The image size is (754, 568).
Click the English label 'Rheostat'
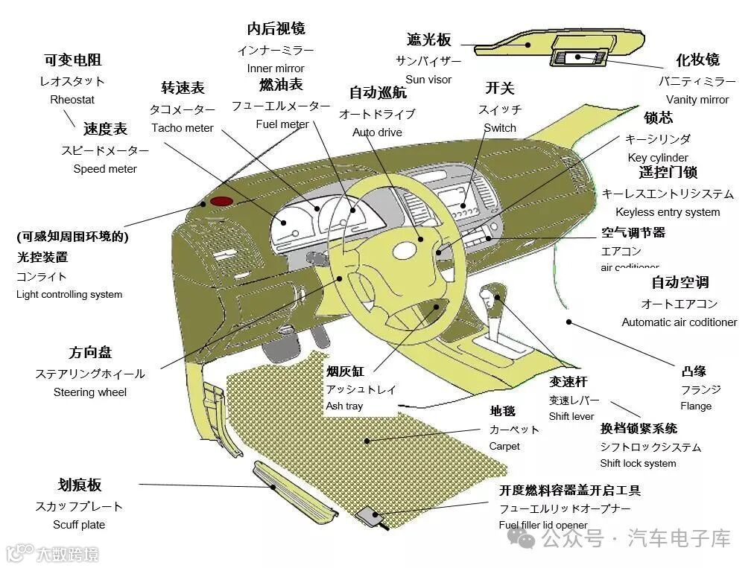point(72,100)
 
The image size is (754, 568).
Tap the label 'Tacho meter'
point(183,128)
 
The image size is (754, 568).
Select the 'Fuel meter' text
point(282,124)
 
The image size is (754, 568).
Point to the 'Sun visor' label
point(428,80)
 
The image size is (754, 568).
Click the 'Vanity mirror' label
point(697,100)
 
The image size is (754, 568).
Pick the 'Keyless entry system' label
point(668,212)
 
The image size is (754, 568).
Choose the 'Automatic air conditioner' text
point(679,322)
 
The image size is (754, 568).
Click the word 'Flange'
point(696,406)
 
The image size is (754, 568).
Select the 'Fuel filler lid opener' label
point(543,526)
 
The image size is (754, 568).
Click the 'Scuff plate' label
point(79,525)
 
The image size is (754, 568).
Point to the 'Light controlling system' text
point(69,295)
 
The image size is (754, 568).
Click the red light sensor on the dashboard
point(221,201)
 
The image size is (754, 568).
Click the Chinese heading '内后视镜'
point(276,29)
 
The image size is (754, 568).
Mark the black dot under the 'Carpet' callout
point(367,440)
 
